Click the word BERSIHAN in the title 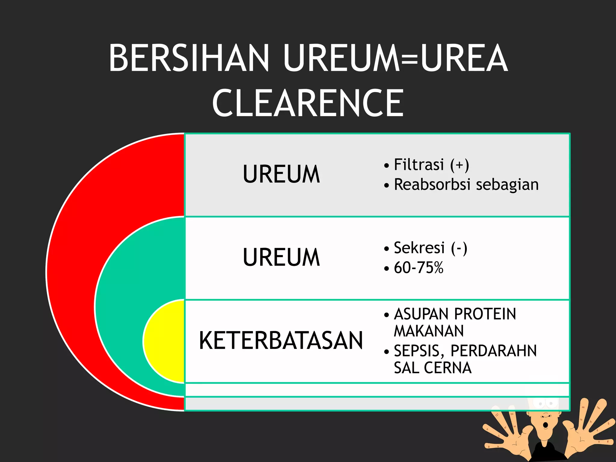(x=189, y=58)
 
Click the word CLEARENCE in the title (x=308, y=103)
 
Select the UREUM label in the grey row (x=281, y=174)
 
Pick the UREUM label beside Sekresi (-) (x=281, y=257)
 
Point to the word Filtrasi (x=419, y=165)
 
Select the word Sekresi (x=419, y=248)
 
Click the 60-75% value (x=418, y=268)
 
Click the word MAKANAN (x=429, y=331)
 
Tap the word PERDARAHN (x=494, y=351)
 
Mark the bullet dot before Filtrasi (x=387, y=166)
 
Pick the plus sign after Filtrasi (x=459, y=165)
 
